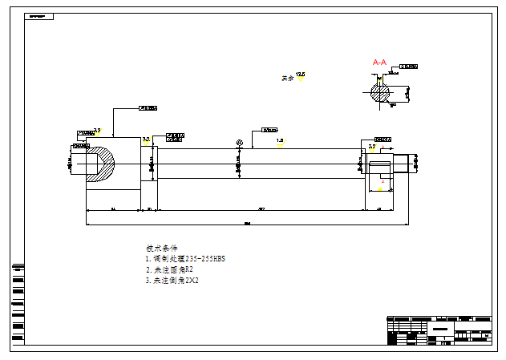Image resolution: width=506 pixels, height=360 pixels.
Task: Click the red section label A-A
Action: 380,62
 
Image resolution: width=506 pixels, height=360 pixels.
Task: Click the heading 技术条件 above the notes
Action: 162,248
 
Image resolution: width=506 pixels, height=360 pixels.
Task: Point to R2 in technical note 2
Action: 188,270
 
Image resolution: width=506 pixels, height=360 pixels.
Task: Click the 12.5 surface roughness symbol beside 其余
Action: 301,76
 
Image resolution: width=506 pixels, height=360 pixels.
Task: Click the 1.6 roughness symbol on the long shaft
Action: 280,143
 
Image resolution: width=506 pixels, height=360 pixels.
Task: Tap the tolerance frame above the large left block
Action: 148,107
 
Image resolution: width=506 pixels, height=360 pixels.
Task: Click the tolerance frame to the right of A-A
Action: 409,66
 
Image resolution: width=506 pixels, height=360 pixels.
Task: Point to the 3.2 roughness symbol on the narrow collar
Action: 146,141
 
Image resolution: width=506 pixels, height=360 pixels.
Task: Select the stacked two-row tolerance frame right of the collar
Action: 175,137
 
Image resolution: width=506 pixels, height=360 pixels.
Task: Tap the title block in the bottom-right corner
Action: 438,330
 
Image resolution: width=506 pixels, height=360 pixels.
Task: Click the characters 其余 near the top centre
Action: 286,79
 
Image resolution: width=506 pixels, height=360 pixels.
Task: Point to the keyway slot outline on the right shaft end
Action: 380,169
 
